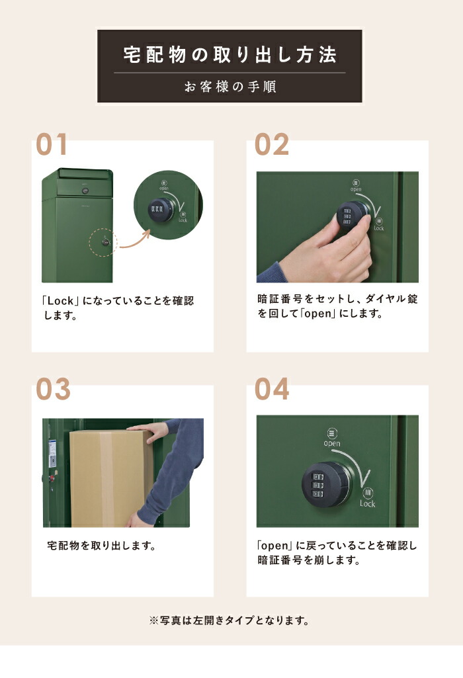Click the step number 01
[52, 144]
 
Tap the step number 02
[272, 144]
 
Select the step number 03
[53, 390]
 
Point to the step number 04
[272, 390]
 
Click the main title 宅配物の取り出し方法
[230, 54]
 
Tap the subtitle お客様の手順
[230, 87]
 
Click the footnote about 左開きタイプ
[230, 620]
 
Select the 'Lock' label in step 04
[368, 503]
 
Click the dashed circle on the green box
[105, 242]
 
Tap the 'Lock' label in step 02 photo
[378, 228]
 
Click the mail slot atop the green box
[83, 173]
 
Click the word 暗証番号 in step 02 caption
[279, 299]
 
